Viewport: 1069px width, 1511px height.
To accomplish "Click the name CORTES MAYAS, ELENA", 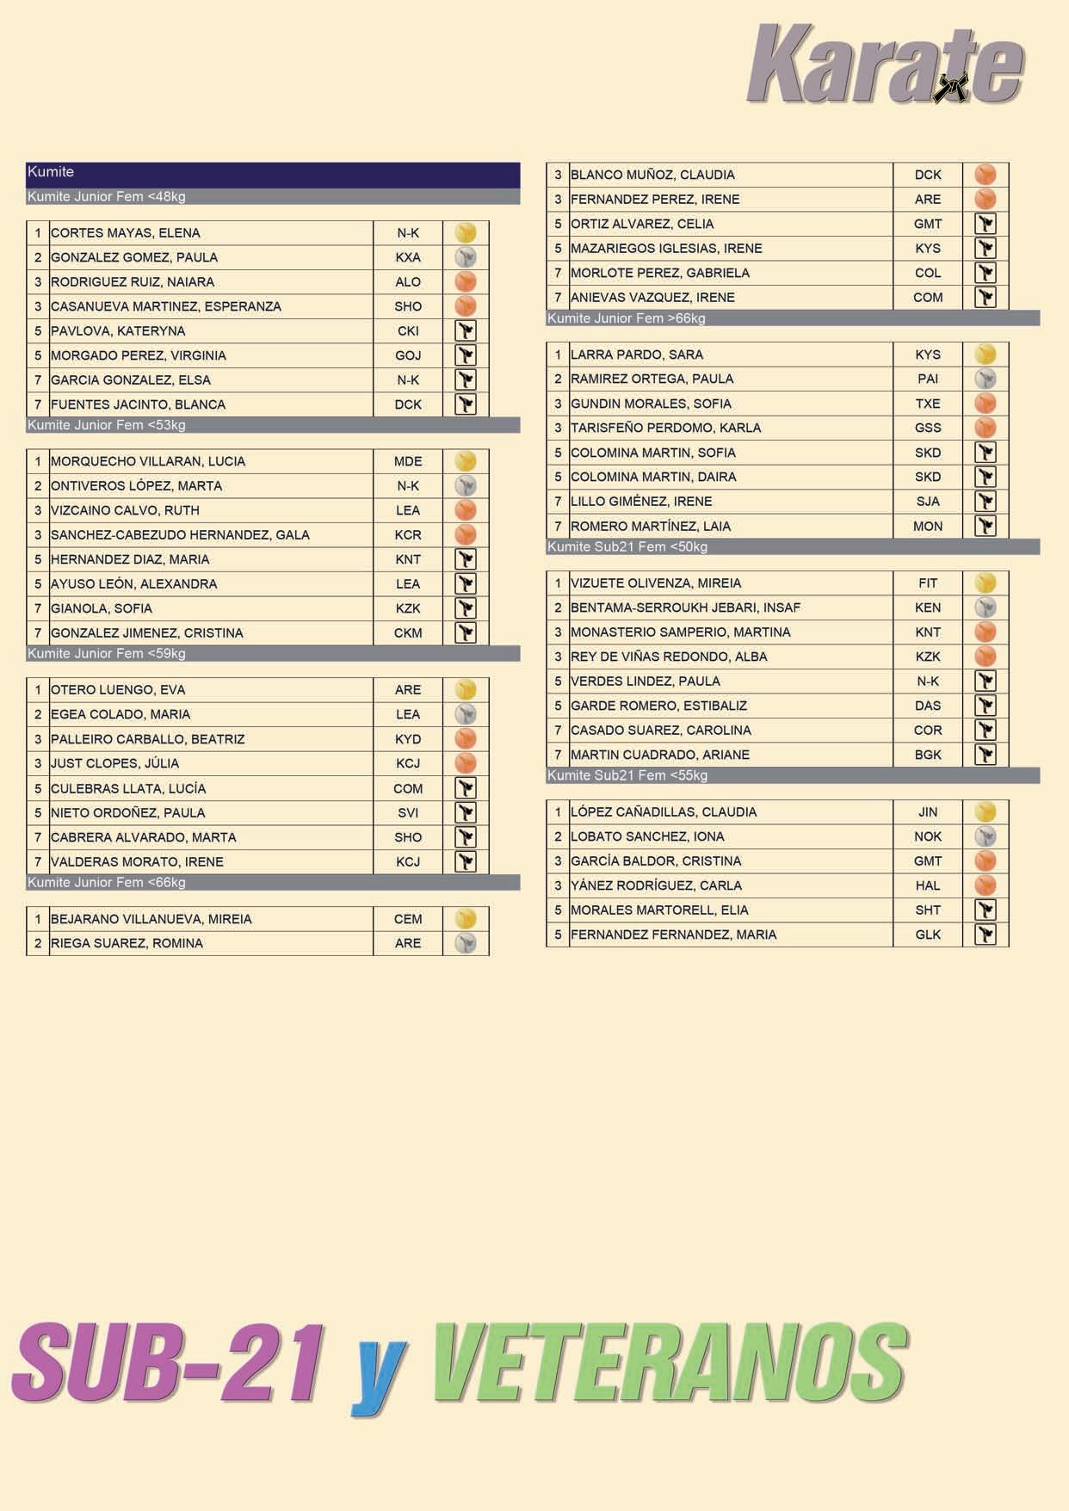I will tap(126, 233).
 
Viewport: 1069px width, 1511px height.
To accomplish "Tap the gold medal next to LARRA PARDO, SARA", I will tap(986, 355).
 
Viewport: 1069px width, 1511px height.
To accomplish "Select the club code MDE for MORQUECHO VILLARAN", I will tap(408, 461).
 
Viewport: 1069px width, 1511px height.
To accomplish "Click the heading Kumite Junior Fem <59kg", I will tap(107, 654).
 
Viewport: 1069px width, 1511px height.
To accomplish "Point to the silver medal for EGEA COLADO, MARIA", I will tap(466, 714).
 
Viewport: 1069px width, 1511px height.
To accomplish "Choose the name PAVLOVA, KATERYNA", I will tap(118, 331).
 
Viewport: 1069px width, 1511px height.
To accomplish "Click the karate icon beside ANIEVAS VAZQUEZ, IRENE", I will tap(986, 298).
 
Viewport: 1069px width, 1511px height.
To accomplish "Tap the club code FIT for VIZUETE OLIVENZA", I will tap(928, 583).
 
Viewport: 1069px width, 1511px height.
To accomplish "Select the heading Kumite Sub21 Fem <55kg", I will tap(627, 776).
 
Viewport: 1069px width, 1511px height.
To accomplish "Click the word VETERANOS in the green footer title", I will tap(670, 1365).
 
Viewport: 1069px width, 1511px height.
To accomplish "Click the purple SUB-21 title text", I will tap(169, 1365).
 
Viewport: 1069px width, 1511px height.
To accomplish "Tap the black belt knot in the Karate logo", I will tap(952, 86).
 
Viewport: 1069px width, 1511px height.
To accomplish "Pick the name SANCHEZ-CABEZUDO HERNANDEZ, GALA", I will tap(180, 535).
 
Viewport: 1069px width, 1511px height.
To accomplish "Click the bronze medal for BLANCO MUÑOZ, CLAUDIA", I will tap(986, 175).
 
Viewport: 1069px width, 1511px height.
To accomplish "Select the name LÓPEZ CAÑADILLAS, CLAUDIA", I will tap(664, 812).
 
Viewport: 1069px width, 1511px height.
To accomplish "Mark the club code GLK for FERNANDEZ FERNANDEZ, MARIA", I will tap(928, 934).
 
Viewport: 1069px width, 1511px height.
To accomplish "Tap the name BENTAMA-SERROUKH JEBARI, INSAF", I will tap(685, 607).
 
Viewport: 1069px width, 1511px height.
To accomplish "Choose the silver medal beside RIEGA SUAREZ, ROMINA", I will tap(466, 943).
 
